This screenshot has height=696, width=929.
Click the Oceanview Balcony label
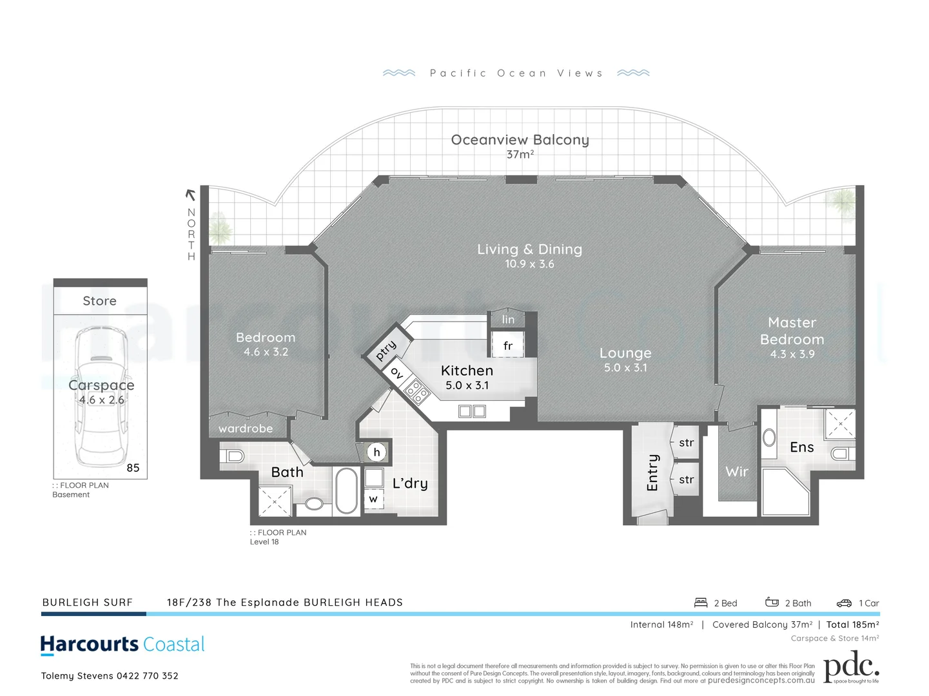point(520,140)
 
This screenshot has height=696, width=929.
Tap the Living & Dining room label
point(529,249)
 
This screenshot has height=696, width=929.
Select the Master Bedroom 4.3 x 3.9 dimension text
point(792,354)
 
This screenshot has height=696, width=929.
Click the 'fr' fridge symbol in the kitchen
point(508,346)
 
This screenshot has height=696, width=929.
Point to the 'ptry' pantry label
point(386,351)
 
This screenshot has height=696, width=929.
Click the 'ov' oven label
point(397,373)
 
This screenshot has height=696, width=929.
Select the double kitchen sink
point(472,411)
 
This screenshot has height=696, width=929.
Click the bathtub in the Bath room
point(347,491)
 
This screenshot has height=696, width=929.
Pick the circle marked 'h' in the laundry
point(377,452)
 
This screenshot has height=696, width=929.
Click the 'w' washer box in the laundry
point(373,499)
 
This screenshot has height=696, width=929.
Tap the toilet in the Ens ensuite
point(841,454)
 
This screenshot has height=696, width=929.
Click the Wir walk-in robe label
point(737,472)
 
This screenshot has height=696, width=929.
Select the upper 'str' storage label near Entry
point(686,443)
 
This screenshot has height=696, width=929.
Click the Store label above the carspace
point(100,301)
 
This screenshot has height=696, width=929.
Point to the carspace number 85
point(133,468)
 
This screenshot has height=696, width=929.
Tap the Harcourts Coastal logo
point(122,644)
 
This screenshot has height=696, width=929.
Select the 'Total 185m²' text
point(852,624)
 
